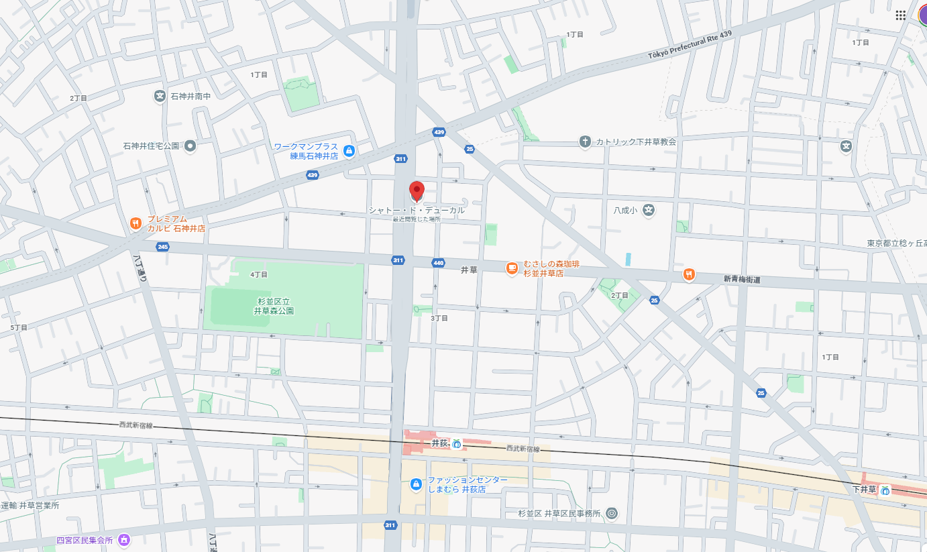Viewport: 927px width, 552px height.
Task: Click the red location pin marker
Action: pos(417,190)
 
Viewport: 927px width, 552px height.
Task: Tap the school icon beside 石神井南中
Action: pos(160,97)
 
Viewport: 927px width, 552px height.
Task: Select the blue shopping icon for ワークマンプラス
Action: pos(349,151)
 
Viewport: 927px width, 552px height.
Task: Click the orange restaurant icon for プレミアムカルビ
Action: pos(135,223)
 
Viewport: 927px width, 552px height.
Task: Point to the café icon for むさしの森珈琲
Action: pos(512,268)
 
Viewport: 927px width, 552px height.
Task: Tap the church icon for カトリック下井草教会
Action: pos(585,142)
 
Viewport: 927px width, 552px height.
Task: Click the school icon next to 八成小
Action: pos(648,210)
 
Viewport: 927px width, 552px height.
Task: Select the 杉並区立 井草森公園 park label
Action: pos(274,306)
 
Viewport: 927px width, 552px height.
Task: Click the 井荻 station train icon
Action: pos(457,443)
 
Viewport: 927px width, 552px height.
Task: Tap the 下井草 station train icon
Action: pos(885,490)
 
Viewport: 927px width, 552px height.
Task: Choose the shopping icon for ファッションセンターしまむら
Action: pos(416,484)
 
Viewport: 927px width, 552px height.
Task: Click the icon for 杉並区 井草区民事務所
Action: pos(611,514)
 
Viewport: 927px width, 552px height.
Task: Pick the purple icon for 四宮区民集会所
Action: pos(123,539)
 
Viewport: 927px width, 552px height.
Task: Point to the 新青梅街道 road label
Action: pos(742,279)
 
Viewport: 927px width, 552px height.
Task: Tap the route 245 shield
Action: pos(162,247)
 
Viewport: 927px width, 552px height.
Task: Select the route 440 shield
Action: pos(439,262)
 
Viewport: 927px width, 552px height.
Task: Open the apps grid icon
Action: pos(900,15)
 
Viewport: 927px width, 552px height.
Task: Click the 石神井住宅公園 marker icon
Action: pos(190,146)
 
